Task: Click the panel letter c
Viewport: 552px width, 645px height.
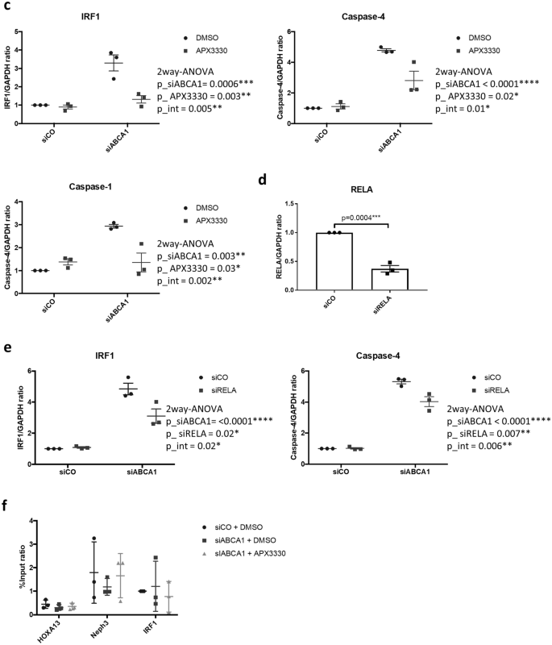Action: (x=6, y=6)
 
